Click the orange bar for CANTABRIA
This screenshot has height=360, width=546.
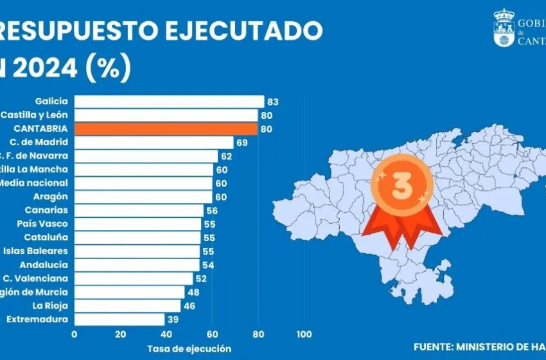166,129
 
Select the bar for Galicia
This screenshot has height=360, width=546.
169,102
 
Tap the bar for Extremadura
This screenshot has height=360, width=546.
119,319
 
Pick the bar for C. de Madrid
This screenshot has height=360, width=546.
154,142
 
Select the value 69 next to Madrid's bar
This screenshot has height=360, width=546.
242,142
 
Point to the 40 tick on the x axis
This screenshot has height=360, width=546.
166,334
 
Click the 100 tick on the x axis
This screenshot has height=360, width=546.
304,334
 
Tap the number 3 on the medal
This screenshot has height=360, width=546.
401,186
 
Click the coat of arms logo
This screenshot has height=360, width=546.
503,28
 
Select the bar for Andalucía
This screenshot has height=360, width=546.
137,265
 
